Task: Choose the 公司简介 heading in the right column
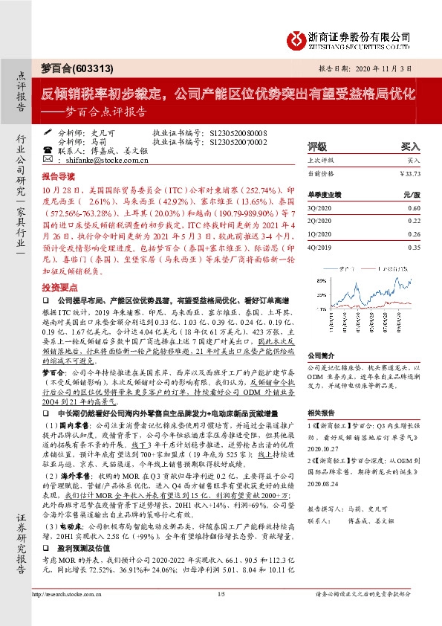click(322, 356)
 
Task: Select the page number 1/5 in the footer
click(221, 615)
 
